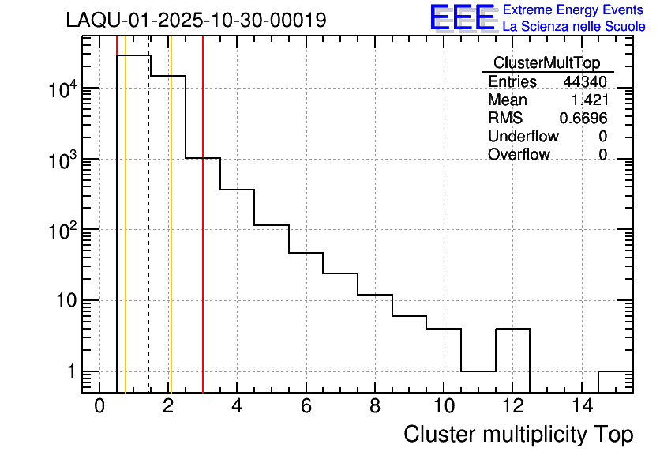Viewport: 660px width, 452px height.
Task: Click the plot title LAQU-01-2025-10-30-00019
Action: tap(196, 20)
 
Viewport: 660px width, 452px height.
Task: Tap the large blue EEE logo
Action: tap(462, 18)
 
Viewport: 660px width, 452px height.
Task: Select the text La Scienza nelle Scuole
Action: tap(574, 26)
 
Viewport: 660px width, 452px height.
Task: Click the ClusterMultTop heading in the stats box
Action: tap(546, 63)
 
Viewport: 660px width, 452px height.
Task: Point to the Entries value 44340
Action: tap(585, 82)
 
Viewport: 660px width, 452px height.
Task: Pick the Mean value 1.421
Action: tap(589, 100)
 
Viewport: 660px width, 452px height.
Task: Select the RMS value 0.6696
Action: tap(583, 119)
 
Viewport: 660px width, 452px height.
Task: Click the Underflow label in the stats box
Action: tap(523, 136)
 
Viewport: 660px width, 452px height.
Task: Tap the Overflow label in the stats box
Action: tap(519, 154)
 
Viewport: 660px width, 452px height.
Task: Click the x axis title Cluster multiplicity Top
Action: tap(518, 434)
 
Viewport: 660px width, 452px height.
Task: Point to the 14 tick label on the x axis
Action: tap(581, 406)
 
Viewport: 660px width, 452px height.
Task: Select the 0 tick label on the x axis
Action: tap(99, 406)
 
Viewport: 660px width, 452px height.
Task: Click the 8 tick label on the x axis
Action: tap(375, 406)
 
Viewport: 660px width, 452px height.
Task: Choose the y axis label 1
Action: tap(70, 371)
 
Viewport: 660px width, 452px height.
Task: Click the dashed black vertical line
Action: tap(149, 237)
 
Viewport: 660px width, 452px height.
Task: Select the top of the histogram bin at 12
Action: tap(512, 328)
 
